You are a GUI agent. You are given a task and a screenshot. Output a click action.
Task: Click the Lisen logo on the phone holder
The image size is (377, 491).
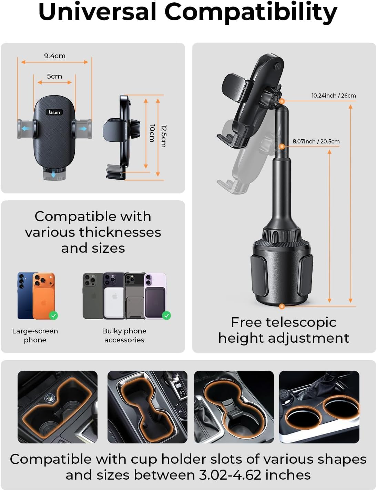54,112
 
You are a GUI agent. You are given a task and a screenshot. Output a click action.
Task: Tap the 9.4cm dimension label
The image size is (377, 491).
55,56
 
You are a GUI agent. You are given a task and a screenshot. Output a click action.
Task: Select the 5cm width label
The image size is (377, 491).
54,76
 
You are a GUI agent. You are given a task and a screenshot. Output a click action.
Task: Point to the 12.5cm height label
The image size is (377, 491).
164,136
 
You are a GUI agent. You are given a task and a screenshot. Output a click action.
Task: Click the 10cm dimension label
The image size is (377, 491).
152,133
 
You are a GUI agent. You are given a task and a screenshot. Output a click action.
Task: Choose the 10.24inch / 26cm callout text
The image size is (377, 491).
334,96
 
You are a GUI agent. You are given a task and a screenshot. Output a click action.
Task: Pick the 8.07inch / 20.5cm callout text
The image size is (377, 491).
316,141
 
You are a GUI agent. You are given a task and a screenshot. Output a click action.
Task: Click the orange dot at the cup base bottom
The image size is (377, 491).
282,307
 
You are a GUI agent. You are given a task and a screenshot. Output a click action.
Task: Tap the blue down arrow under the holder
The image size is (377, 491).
53,174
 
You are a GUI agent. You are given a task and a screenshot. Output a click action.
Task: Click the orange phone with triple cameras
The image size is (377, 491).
44,296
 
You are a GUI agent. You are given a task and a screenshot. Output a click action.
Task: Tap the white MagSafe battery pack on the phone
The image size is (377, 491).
115,302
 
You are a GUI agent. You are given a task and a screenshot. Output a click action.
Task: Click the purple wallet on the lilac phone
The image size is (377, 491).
155,303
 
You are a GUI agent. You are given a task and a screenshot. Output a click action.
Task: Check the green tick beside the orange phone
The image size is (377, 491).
53,315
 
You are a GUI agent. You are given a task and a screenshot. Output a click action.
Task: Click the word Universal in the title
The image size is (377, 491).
98,12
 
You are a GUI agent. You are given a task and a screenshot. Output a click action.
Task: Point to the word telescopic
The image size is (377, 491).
301,322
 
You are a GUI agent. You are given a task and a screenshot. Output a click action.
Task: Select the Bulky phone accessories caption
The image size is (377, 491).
124,335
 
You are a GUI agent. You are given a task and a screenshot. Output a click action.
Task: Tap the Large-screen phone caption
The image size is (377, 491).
35,335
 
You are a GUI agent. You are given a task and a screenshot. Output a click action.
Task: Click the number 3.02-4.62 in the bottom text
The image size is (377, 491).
230,475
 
